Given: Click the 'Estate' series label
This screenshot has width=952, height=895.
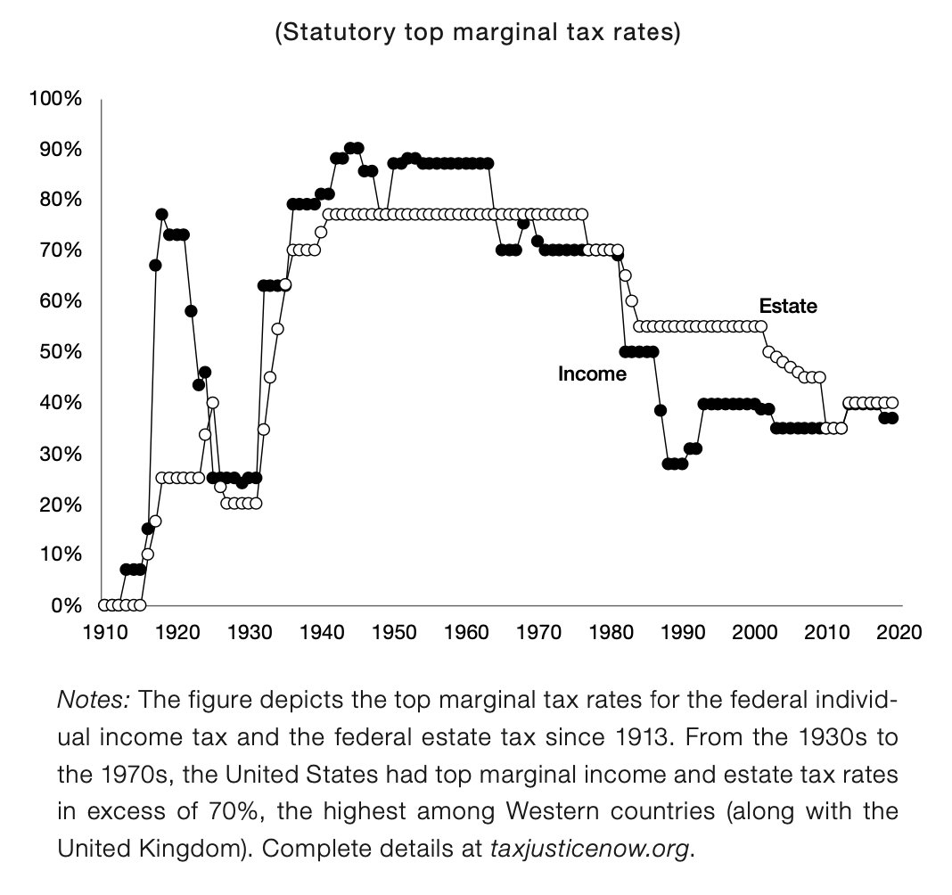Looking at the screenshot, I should pos(788,307).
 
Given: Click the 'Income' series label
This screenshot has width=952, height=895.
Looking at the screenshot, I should pos(592,374).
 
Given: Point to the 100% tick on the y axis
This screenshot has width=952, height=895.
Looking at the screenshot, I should pos(55,98).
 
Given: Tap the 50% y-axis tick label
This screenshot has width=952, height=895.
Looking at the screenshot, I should pos(60,352).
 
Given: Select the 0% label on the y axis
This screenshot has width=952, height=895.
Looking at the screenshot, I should pos(64,606).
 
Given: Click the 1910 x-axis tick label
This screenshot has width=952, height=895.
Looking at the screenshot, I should pos(103,632).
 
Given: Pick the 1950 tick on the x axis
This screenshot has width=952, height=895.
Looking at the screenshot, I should pos(390,632).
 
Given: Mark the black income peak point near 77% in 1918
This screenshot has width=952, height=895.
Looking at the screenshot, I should pos(161,214).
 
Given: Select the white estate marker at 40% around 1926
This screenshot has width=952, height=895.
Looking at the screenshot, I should pos(212,402).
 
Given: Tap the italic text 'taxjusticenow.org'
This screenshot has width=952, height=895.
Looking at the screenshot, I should pos(591,849).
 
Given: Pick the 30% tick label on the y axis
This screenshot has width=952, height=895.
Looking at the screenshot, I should pos(60,454).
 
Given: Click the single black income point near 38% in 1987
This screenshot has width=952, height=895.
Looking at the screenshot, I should pos(661,410).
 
